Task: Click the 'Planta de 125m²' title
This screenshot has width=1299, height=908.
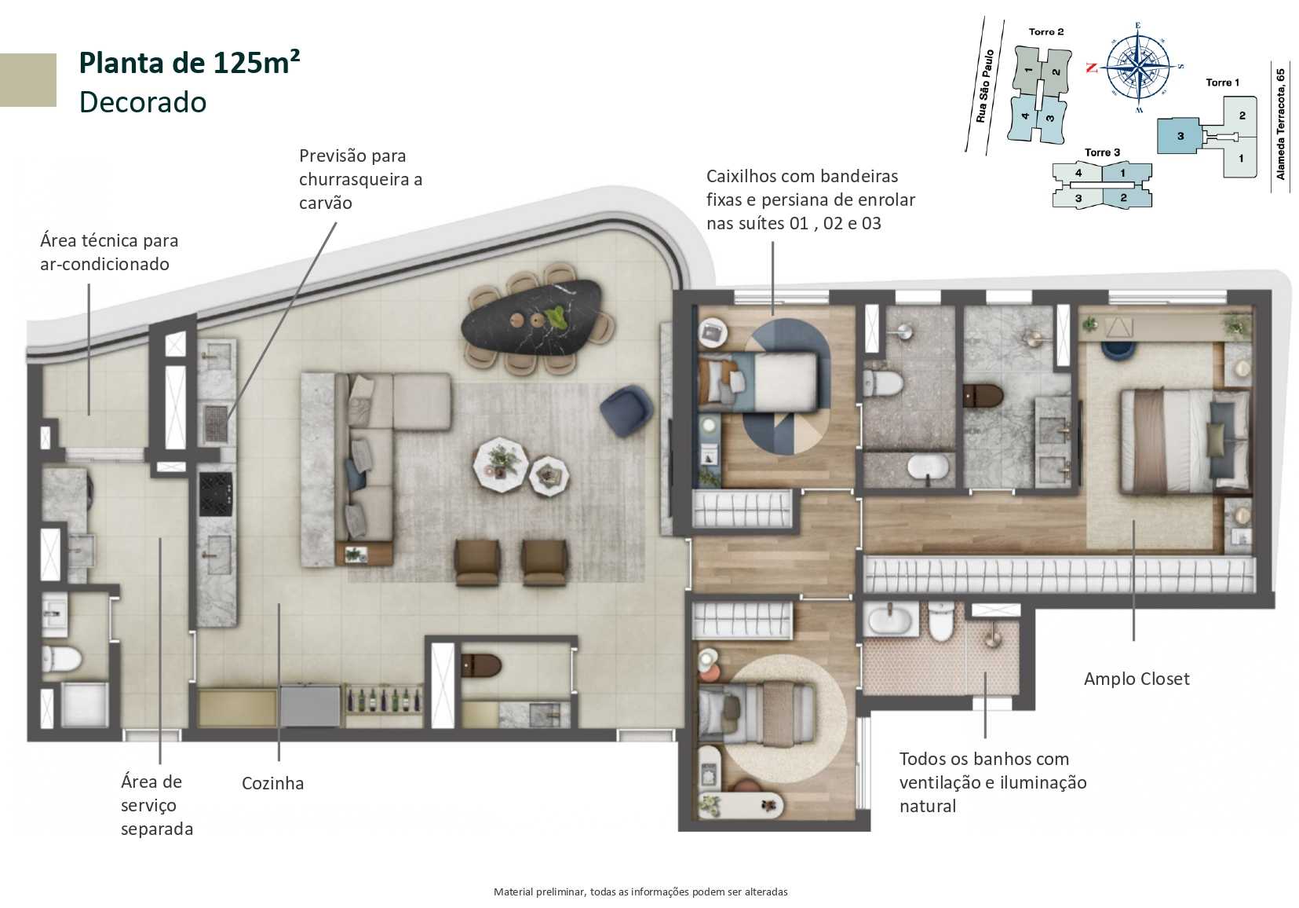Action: pyautogui.click(x=189, y=63)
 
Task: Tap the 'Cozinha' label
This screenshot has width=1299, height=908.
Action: pyautogui.click(x=272, y=783)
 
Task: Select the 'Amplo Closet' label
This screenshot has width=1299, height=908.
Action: pyautogui.click(x=1136, y=679)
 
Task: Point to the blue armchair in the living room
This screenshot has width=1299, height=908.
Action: pyautogui.click(x=626, y=409)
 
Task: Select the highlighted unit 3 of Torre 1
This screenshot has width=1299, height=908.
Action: pyautogui.click(x=1179, y=136)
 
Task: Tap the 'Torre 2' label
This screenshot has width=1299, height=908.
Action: pyautogui.click(x=1045, y=32)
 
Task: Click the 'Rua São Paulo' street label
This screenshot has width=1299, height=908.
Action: pyautogui.click(x=985, y=86)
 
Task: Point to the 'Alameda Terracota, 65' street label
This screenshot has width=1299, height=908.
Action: pyautogui.click(x=1280, y=124)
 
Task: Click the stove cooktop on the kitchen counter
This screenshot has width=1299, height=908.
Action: pyautogui.click(x=215, y=493)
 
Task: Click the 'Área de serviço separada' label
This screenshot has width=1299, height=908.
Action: pyautogui.click(x=156, y=804)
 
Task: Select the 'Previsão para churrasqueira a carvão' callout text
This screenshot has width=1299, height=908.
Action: pyautogui.click(x=360, y=179)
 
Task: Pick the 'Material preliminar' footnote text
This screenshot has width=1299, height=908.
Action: pyautogui.click(x=640, y=892)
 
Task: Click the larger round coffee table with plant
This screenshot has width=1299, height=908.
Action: pyautogui.click(x=498, y=463)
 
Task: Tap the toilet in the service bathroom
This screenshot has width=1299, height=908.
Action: pyautogui.click(x=61, y=658)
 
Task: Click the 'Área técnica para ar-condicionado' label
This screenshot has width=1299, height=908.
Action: pyautogui.click(x=109, y=252)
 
